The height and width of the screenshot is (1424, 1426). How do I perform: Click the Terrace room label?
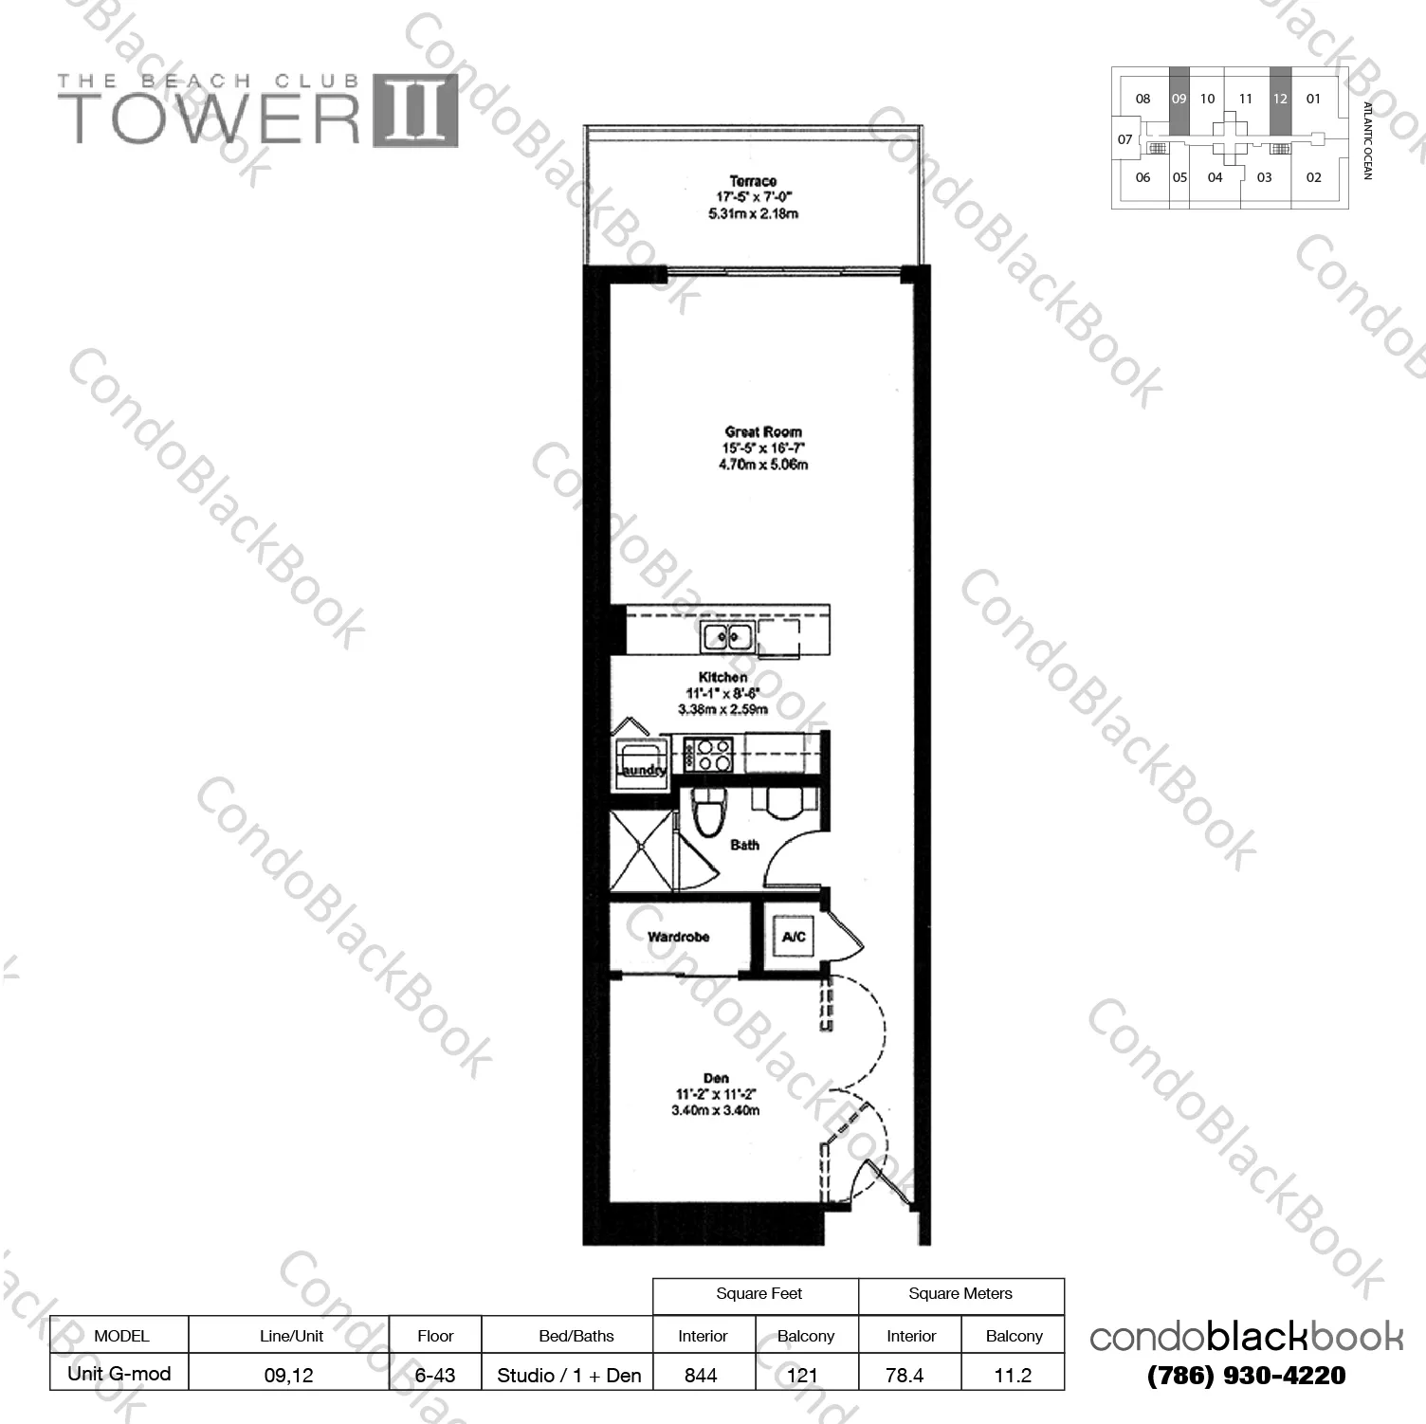(753, 181)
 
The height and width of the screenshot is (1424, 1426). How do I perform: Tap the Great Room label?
(763, 432)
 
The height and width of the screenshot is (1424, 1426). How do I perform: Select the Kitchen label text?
(722, 678)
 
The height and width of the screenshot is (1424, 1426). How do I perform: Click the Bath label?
(744, 845)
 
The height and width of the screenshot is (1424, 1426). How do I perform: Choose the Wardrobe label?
(678, 937)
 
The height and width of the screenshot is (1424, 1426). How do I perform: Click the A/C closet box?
(794, 938)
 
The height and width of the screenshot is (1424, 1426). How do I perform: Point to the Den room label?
(716, 1078)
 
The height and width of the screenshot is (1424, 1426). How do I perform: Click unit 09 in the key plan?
(1179, 99)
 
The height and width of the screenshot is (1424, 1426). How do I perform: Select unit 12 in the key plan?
(1280, 99)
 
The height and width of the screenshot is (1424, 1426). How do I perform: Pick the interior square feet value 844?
(701, 1376)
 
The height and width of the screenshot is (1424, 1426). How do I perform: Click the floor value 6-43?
(435, 1376)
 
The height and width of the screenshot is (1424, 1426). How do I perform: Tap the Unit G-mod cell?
(119, 1374)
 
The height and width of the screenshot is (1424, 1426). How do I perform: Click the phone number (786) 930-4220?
(1246, 1376)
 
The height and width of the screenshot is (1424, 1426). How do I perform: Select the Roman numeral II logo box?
(415, 111)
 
